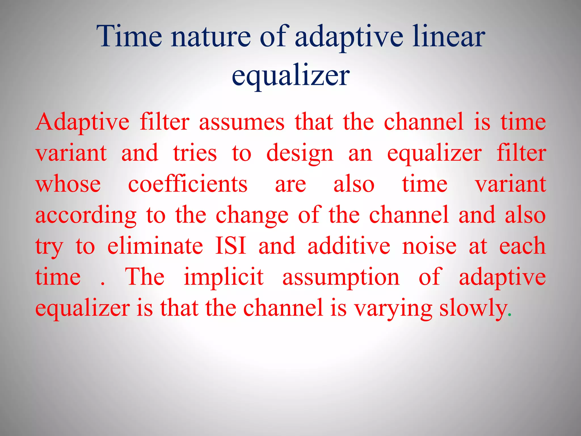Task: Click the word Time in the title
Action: [x=129, y=36]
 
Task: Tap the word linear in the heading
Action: [x=449, y=36]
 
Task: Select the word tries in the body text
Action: [x=195, y=153]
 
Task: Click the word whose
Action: [x=68, y=185]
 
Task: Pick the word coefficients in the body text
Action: [x=188, y=185]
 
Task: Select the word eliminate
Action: [x=155, y=246]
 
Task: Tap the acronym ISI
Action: [x=230, y=246]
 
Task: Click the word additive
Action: [x=349, y=246]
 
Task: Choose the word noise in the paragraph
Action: [x=429, y=246]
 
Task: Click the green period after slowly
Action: [x=510, y=315]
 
